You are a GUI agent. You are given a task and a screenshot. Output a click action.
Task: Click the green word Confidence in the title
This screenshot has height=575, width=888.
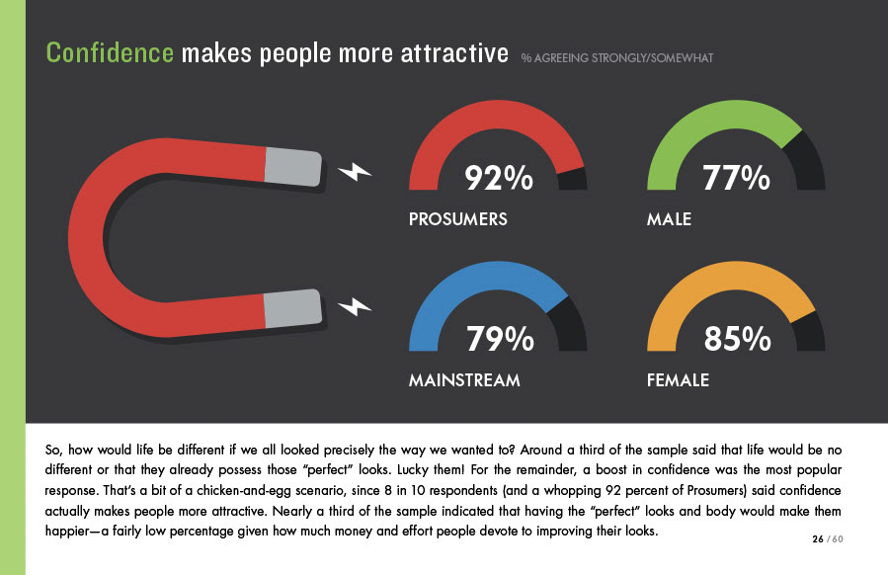tap(110, 52)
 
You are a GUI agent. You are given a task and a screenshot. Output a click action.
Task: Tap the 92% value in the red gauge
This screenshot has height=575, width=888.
tap(499, 178)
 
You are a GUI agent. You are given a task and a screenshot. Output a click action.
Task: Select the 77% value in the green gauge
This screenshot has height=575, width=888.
tap(737, 178)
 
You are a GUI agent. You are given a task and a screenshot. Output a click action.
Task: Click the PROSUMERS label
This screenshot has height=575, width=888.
tap(457, 219)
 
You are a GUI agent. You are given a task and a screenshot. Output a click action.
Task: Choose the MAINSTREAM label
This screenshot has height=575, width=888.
tap(464, 380)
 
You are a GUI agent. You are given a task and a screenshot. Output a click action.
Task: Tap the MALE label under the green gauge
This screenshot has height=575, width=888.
tap(669, 219)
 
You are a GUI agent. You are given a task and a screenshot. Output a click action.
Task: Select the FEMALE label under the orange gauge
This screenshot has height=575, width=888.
tap(678, 380)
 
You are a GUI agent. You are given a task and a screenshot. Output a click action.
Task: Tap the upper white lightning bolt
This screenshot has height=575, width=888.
tap(355, 173)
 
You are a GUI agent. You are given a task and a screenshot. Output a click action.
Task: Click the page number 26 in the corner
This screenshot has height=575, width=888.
tap(818, 538)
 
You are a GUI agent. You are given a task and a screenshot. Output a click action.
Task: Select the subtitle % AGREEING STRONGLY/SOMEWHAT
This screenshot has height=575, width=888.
tap(617, 57)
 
